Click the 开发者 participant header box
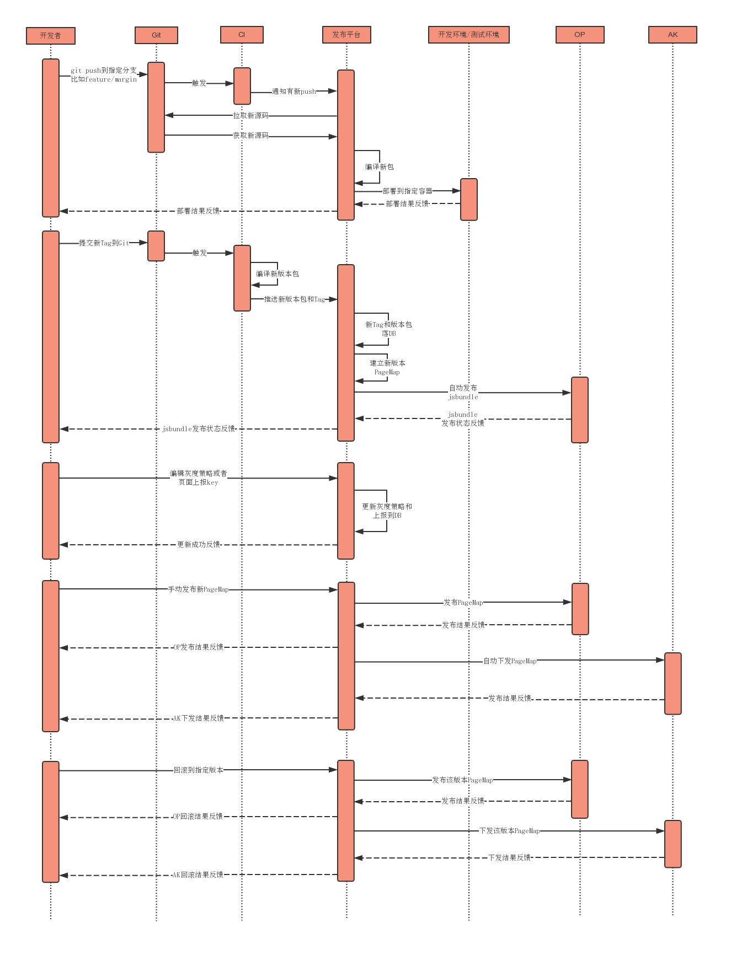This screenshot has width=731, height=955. pyautogui.click(x=51, y=36)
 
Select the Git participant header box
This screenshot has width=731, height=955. pyautogui.click(x=156, y=35)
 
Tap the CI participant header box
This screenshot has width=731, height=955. pyautogui.click(x=242, y=35)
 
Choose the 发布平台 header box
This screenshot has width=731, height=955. pyautogui.click(x=346, y=35)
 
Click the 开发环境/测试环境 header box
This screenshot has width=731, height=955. pyautogui.click(x=469, y=35)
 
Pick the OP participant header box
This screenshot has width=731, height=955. pyautogui.click(x=580, y=35)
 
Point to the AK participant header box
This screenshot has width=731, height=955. pyautogui.click(x=673, y=35)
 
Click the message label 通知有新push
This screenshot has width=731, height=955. pyautogui.click(x=294, y=92)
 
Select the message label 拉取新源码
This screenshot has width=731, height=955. pyautogui.click(x=250, y=116)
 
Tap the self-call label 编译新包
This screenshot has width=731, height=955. pyautogui.click(x=380, y=167)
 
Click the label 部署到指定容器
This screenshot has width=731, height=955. pyautogui.click(x=408, y=191)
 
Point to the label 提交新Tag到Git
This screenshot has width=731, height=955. pyautogui.click(x=104, y=243)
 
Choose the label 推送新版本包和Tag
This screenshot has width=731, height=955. pyautogui.click(x=295, y=299)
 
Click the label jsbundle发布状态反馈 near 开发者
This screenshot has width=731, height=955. pyautogui.click(x=199, y=429)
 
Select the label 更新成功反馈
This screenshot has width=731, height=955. pyautogui.click(x=199, y=545)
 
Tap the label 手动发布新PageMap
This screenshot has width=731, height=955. pyautogui.click(x=199, y=589)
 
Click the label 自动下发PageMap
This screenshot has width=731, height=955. pyautogui.click(x=510, y=661)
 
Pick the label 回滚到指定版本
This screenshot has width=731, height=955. pyautogui.click(x=199, y=770)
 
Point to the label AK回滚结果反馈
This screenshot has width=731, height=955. pyautogui.click(x=198, y=875)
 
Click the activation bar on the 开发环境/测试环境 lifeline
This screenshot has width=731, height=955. pyautogui.click(x=469, y=200)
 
